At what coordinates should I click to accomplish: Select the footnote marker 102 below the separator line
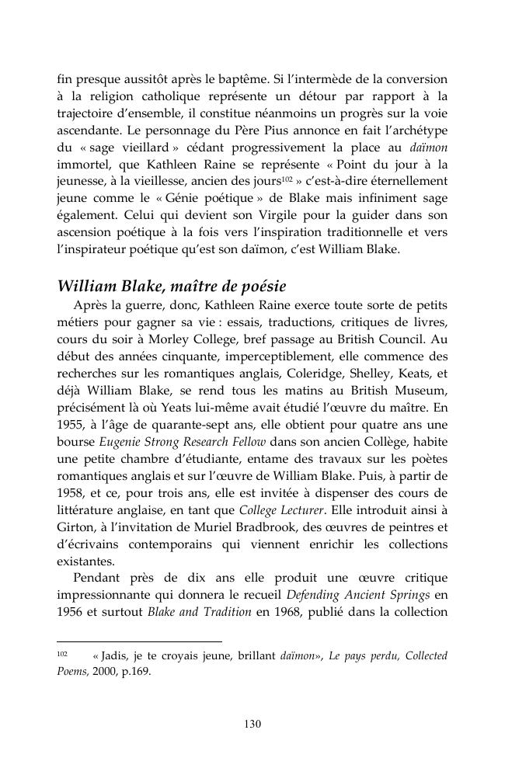[x=63, y=655]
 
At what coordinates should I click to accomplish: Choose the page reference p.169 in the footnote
[x=134, y=673]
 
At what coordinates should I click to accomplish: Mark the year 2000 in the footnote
[x=102, y=673]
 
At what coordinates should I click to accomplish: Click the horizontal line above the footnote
[x=139, y=642]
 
